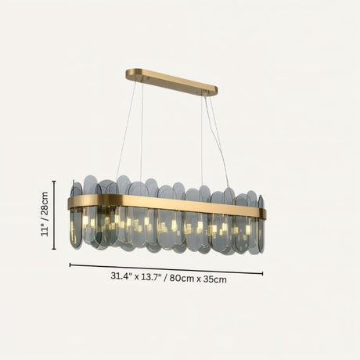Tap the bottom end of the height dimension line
pos(54,249)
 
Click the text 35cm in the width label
pos(215,279)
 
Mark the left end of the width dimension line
pos(70,265)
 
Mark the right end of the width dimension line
pos(263,275)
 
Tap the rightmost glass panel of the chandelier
pos(261,223)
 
